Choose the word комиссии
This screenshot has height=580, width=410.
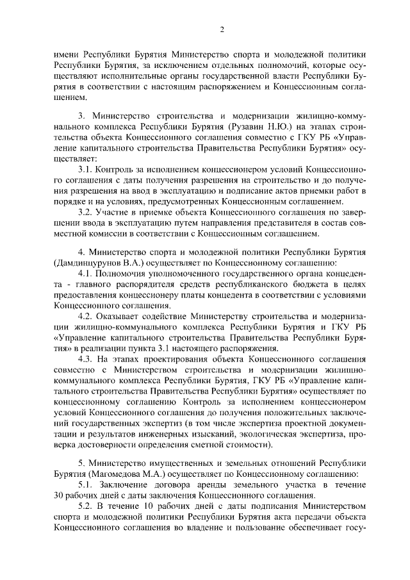click(x=115, y=233)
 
